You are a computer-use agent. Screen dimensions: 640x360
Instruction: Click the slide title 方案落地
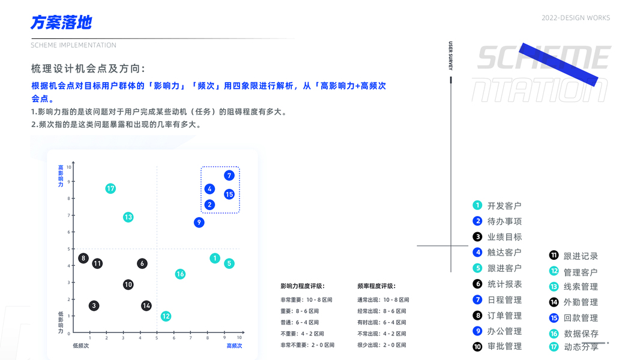click(61, 23)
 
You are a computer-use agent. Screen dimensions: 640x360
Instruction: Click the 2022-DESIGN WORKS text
click(575, 18)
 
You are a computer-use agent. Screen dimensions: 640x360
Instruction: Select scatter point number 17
click(110, 188)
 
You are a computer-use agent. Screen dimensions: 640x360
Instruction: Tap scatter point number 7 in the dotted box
click(229, 175)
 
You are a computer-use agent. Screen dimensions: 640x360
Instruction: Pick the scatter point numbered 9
click(199, 223)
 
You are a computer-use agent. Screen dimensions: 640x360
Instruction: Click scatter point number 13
click(128, 217)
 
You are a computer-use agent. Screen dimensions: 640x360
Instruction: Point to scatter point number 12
click(166, 316)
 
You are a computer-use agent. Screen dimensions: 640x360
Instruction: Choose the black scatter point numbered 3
click(94, 306)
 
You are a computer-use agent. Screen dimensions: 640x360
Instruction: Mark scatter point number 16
click(180, 274)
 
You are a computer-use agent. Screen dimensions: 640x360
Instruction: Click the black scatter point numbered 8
click(83, 259)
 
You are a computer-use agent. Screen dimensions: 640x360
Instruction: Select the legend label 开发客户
click(504, 206)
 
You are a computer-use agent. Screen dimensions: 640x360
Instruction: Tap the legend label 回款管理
click(581, 318)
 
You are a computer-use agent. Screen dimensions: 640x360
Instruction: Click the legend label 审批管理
click(504, 346)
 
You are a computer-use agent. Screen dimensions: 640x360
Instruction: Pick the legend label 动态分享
click(581, 347)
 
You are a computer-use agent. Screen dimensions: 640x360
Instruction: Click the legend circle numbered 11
click(554, 256)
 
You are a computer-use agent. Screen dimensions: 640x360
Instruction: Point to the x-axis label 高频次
click(234, 346)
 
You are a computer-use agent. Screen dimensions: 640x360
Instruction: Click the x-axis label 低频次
click(80, 346)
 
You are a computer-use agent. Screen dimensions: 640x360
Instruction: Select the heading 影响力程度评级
click(302, 286)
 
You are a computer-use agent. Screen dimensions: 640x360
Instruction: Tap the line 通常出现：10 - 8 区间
click(383, 299)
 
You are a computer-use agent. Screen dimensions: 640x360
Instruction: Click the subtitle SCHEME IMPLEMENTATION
click(74, 45)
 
